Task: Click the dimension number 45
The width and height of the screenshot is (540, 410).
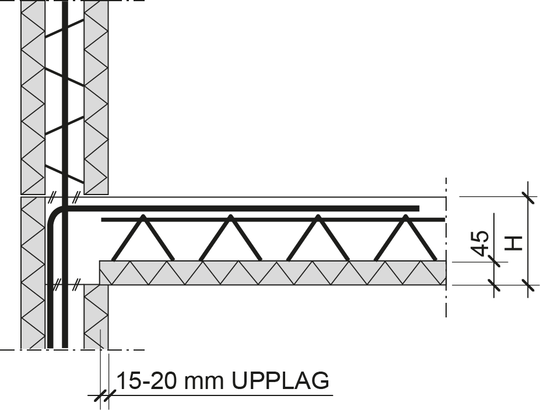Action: pos(481,242)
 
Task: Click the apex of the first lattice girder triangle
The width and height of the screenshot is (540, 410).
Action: pos(143,217)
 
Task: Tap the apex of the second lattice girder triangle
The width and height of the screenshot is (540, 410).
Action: pos(230,217)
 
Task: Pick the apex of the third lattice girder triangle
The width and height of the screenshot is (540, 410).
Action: pos(318,217)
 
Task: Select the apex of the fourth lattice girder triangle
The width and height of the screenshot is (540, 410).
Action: pos(405,217)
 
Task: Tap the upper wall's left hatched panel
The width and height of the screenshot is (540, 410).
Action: pos(33,99)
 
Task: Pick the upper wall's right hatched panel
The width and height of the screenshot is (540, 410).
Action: pos(97,99)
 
